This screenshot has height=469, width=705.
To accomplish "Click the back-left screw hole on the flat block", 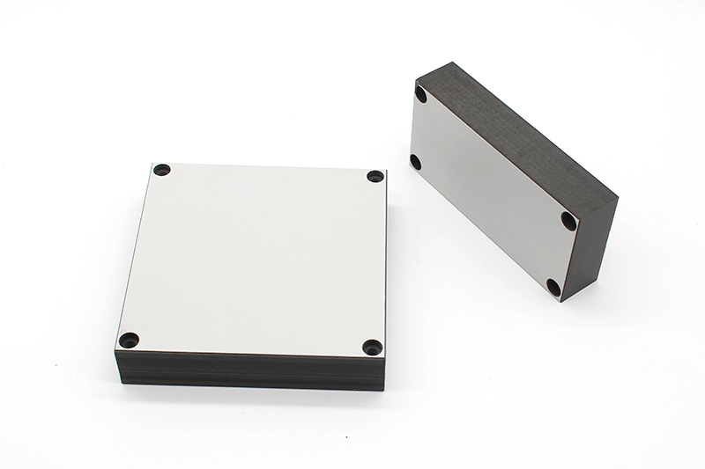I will coord(161,169).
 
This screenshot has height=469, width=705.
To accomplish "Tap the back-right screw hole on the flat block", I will coord(375,176).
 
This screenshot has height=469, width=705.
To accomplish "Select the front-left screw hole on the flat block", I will coord(129,339).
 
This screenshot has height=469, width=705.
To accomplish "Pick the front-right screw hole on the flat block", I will coord(372,347).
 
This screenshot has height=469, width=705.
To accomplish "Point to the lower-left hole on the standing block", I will coord(415,161).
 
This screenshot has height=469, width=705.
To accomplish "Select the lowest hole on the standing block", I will coord(553,287).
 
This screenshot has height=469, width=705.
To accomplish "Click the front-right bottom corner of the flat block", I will coord(384,390).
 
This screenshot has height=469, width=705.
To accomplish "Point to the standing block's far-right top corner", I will coord(618,199).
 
